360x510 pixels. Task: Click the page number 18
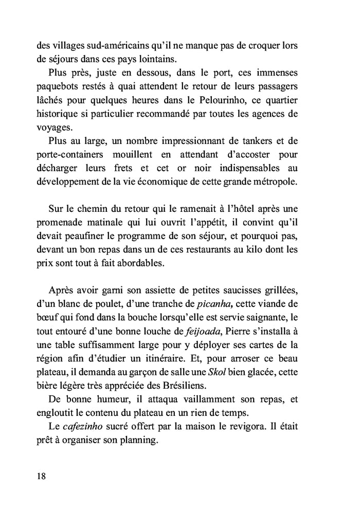[41, 476]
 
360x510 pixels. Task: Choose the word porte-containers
[70, 154]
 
